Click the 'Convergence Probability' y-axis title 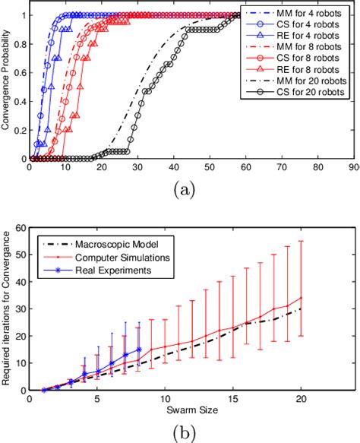[7, 87]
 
